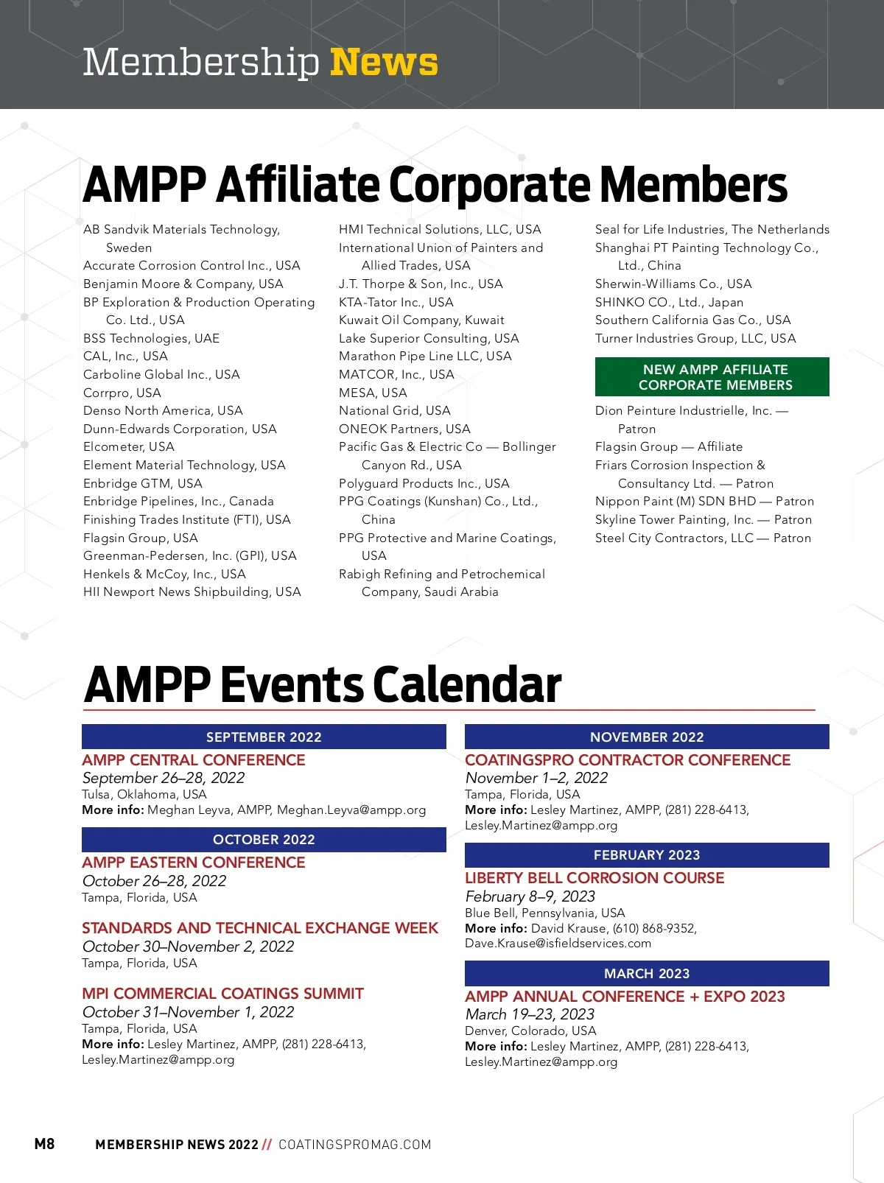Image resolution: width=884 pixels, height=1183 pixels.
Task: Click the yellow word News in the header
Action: [x=384, y=62]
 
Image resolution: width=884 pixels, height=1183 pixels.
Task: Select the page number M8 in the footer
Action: [x=44, y=1143]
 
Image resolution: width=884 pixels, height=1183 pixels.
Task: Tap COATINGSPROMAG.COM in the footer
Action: [x=354, y=1145]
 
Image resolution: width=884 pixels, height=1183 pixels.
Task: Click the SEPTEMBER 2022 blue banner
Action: [x=264, y=737]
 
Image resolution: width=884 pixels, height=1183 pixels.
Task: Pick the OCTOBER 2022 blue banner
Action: [x=264, y=840]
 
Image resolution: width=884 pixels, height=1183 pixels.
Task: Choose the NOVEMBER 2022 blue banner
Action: [x=647, y=737]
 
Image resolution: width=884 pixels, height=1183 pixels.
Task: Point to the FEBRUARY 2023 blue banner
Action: [x=647, y=855]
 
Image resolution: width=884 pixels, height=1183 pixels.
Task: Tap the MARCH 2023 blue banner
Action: [x=647, y=973]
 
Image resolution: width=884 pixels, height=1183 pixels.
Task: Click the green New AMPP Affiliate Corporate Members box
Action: [x=712, y=377]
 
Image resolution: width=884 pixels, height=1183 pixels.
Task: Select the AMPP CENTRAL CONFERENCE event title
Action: [x=194, y=759]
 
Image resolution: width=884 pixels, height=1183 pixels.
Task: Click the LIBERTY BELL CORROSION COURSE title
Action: [x=594, y=878]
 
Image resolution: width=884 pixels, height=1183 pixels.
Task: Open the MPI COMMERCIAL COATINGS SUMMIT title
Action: [x=222, y=994]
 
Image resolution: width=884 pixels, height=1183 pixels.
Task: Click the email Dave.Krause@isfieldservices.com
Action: [x=558, y=944]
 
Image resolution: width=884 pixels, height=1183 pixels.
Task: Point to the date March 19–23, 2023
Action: [x=530, y=1014]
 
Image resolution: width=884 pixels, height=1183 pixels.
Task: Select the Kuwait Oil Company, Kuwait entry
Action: [x=421, y=320]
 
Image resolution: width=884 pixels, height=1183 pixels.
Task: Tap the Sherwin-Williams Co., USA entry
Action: [x=673, y=284]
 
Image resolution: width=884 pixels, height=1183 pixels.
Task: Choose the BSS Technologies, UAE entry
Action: [x=151, y=338]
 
